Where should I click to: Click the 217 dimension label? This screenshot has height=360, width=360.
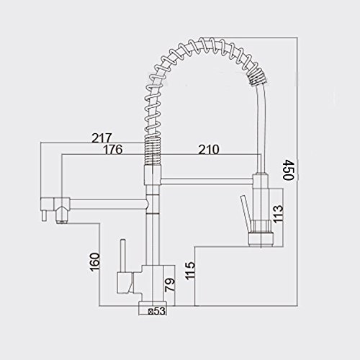(x=102, y=138)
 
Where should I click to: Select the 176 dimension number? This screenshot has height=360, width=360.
(x=112, y=149)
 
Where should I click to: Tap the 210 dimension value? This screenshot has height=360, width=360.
(x=209, y=150)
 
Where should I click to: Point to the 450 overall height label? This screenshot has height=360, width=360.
(x=288, y=170)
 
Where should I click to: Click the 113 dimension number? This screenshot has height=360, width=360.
(x=278, y=214)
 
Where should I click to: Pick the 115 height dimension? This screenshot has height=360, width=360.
(x=190, y=271)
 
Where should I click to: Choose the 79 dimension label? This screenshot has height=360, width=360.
(x=170, y=285)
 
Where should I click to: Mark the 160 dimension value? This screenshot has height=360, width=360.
(x=94, y=261)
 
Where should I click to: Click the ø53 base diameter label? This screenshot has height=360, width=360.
(x=157, y=311)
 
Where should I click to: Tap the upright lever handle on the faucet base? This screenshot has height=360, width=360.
(x=122, y=256)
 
